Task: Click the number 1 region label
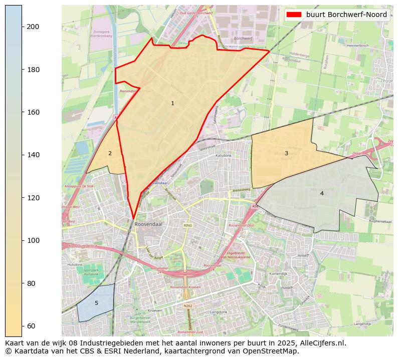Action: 172,104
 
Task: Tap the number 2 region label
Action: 110,154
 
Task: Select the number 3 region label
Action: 286,154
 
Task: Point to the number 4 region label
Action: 322,194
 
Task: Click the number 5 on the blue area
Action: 96,303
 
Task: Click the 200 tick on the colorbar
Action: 33,27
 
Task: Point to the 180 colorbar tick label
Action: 33,70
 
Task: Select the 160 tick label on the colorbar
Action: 33,112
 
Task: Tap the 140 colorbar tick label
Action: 33,155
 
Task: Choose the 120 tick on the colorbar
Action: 33,198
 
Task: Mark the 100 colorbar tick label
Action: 33,240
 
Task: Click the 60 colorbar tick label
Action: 31,326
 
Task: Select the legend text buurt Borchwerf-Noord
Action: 346,15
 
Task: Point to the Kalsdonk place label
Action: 223,156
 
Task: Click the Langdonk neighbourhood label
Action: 219,311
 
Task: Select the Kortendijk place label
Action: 277,274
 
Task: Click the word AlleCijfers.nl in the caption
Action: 321,343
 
